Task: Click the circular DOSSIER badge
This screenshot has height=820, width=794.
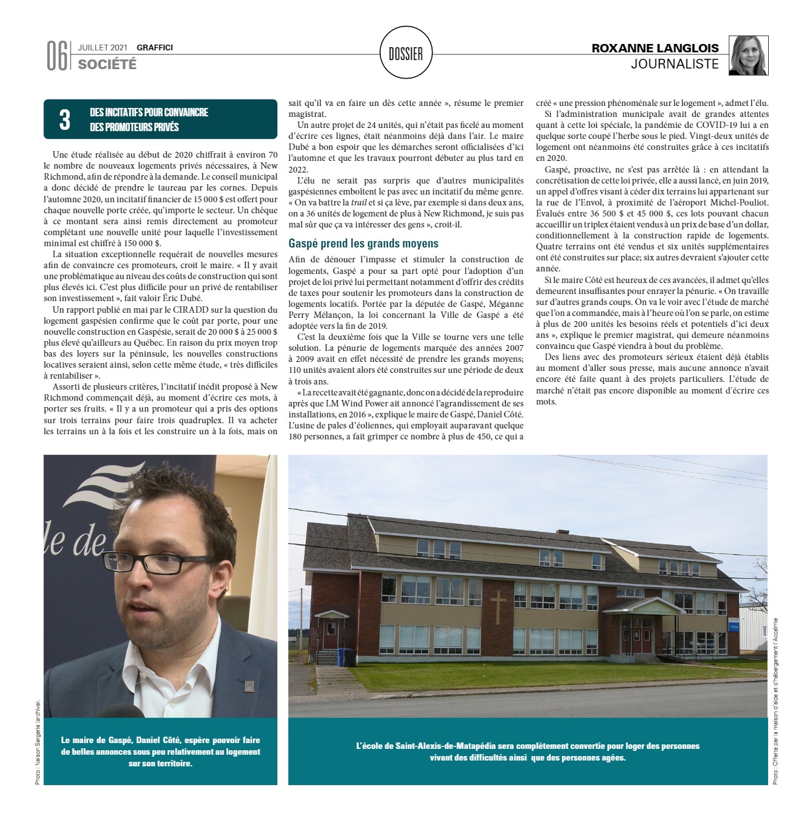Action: pyautogui.click(x=406, y=54)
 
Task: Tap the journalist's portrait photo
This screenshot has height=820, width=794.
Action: pyautogui.click(x=748, y=56)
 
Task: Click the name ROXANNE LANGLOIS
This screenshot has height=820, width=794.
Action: pyautogui.click(x=655, y=48)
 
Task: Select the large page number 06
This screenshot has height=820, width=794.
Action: pyautogui.click(x=56, y=56)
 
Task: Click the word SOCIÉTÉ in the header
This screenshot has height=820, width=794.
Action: pyautogui.click(x=107, y=64)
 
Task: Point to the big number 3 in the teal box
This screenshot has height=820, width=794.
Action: pyautogui.click(x=65, y=120)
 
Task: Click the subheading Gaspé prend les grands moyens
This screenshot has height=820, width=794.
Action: pyautogui.click(x=363, y=244)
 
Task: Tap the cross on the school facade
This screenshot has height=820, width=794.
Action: pyautogui.click(x=498, y=607)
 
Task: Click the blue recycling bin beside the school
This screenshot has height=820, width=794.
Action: pyautogui.click(x=347, y=657)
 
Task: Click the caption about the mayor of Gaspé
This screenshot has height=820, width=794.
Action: pyautogui.click(x=160, y=752)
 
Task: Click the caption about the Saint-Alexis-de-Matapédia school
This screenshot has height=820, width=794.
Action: pyautogui.click(x=528, y=752)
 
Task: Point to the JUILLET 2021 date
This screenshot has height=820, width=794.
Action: pyautogui.click(x=103, y=47)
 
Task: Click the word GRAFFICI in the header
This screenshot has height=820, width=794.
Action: pyautogui.click(x=155, y=47)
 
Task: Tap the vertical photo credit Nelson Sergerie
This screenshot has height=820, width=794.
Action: pyautogui.click(x=38, y=743)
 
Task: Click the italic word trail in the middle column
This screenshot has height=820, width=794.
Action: pyautogui.click(x=358, y=202)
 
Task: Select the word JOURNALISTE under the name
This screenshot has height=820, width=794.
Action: pyautogui.click(x=674, y=64)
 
